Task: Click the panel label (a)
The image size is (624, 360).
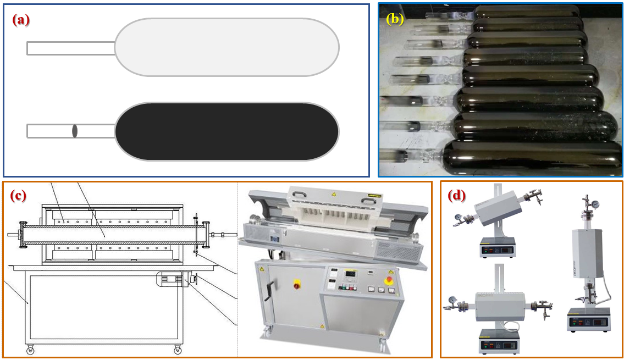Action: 21,19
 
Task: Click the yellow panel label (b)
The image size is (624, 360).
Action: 395,19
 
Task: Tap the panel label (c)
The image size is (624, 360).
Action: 18,196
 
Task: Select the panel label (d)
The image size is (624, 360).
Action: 456,196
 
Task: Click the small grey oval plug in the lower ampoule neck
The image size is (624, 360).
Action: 75,131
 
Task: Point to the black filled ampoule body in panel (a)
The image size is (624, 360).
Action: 227,132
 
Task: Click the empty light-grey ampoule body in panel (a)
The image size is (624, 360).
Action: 227,47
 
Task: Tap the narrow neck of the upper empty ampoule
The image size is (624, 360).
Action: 71,48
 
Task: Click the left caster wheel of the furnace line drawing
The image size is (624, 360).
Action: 30,351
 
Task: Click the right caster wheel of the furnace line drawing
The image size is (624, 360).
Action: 178,351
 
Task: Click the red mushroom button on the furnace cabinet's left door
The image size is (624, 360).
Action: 296,284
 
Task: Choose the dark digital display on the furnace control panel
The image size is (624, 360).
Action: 351,274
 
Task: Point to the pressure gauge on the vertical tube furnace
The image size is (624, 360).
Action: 595,204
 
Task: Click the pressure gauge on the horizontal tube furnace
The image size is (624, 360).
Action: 452,299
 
